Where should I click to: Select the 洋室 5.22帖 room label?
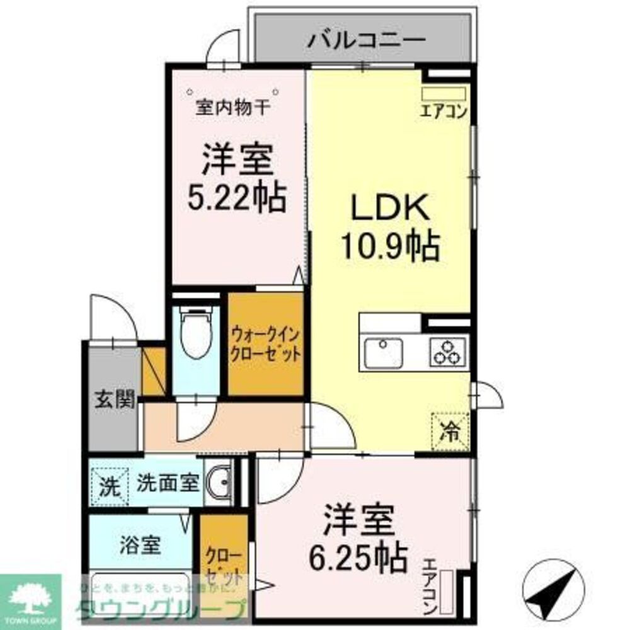tap(237, 179)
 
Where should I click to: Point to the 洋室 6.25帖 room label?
tap(359, 538)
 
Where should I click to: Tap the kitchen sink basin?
tap(382, 352)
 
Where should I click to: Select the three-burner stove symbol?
tap(449, 352)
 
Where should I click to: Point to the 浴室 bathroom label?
tap(140, 545)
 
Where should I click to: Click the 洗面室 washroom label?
tap(168, 484)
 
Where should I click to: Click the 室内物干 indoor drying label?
tap(233, 108)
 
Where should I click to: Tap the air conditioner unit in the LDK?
tap(444, 94)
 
